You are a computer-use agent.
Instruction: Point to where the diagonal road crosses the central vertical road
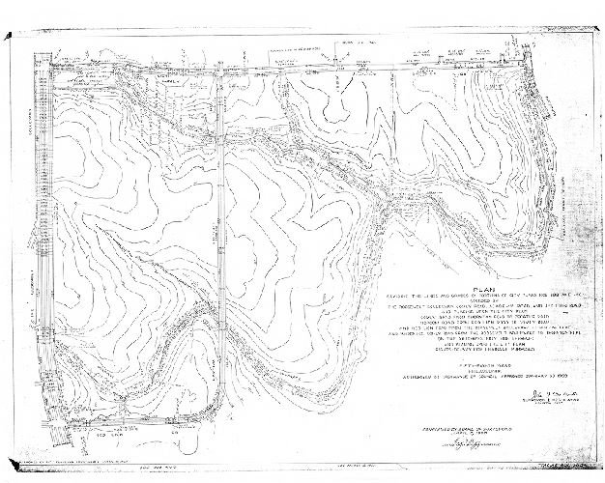220,141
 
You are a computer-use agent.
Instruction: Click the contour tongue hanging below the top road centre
319,106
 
